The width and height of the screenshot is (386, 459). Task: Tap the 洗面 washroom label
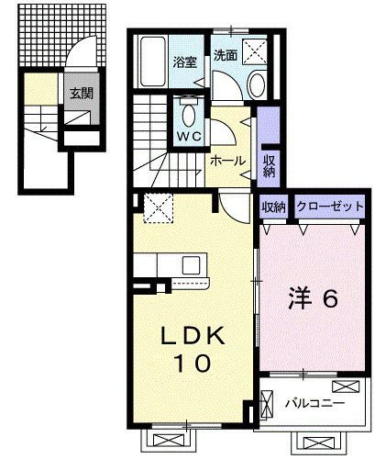[x=226, y=55]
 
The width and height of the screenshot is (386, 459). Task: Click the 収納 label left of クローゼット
[x=272, y=207]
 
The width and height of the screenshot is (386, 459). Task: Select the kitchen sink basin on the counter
[x=193, y=265]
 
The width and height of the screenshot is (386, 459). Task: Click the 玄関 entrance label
[x=77, y=93]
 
